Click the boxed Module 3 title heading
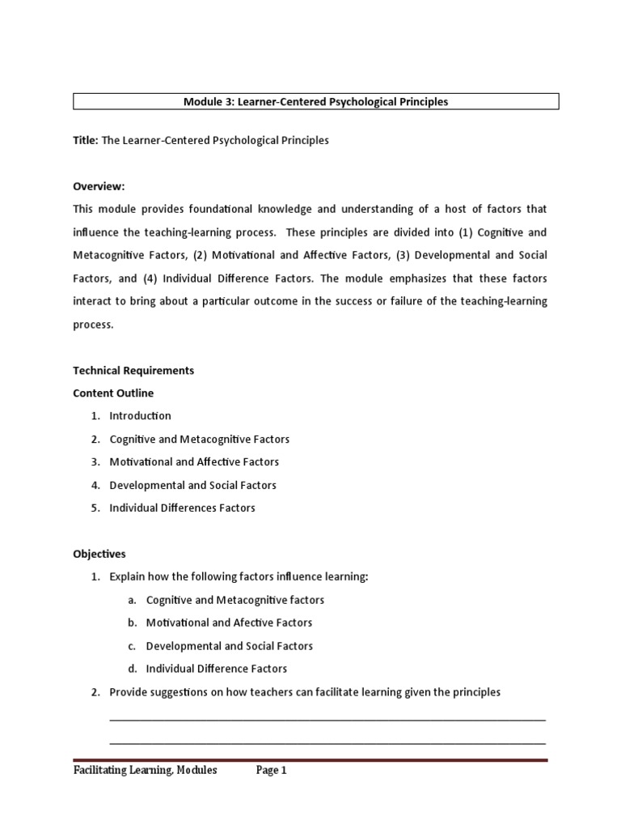[316, 102]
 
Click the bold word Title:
[86, 140]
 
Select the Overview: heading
[99, 186]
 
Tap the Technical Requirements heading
[133, 370]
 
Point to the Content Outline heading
[113, 393]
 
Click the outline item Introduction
[140, 415]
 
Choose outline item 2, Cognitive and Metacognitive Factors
[199, 439]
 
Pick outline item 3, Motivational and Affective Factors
[194, 461]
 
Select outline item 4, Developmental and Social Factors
[192, 485]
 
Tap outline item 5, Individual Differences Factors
[182, 508]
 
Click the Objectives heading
[99, 554]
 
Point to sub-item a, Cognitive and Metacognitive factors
[234, 600]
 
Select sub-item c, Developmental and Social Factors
[229, 646]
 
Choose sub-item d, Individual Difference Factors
[216, 669]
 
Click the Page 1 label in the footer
[272, 771]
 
